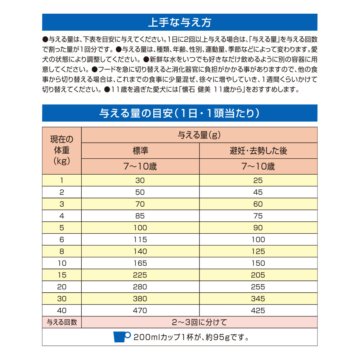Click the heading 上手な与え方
click(180, 22)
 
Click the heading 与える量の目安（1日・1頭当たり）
click(180, 113)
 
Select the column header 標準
click(140, 151)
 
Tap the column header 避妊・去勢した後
click(258, 151)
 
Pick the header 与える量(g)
click(199, 135)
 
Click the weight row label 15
click(62, 275)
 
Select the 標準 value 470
click(140, 310)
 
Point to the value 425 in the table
click(258, 310)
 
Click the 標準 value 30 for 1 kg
click(140, 181)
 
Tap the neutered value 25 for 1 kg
click(258, 181)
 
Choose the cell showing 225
click(140, 275)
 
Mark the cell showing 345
click(258, 298)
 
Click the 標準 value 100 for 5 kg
click(140, 228)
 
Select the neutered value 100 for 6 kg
click(258, 240)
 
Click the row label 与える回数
click(62, 322)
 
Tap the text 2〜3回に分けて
click(199, 322)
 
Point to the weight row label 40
click(62, 310)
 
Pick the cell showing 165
click(140, 263)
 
